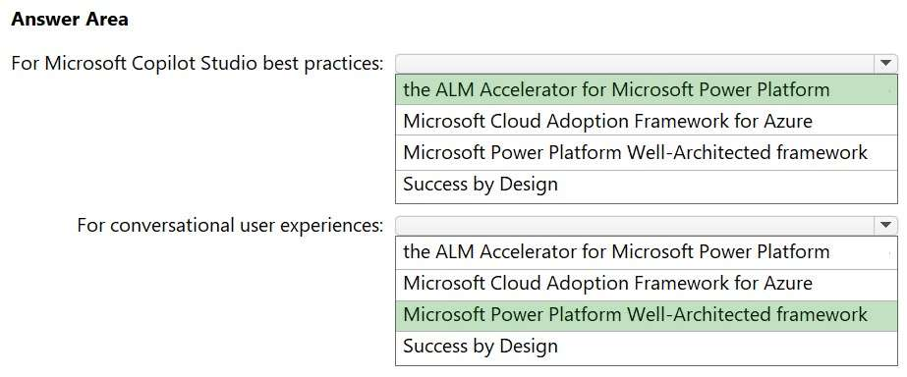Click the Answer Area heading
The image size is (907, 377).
(70, 20)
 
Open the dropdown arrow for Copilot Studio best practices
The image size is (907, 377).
(885, 63)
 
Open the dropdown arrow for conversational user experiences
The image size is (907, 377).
(885, 225)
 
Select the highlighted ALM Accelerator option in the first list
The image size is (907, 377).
(616, 89)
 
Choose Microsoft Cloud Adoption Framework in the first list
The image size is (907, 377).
(608, 121)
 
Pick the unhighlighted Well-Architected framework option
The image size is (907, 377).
(635, 152)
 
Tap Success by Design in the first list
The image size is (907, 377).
(481, 184)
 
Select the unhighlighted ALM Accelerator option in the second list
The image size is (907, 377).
(616, 251)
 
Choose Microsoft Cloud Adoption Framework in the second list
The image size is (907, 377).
(608, 283)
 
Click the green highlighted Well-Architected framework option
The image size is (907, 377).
(635, 314)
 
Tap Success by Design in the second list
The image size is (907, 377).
(481, 346)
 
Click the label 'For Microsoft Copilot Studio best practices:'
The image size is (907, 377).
(198, 64)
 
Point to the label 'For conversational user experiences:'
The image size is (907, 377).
(230, 226)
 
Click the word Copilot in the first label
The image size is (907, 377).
(163, 64)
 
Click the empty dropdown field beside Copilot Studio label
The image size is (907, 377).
(635, 63)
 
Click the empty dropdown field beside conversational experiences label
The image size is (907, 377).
(635, 225)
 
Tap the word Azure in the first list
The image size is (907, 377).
(788, 121)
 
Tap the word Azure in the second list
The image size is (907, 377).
(788, 283)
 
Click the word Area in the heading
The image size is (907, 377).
(107, 20)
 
